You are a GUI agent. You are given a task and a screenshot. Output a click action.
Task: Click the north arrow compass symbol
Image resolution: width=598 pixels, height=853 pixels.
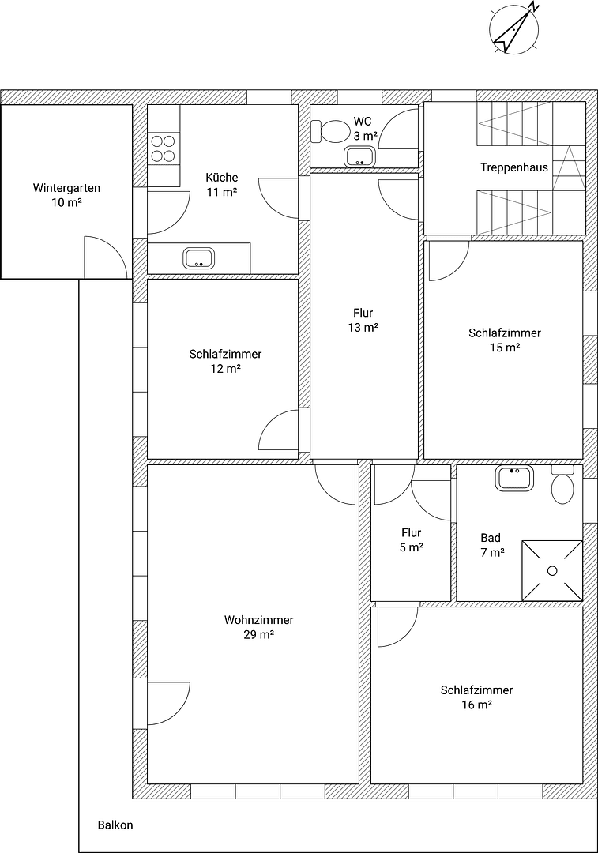(515, 29)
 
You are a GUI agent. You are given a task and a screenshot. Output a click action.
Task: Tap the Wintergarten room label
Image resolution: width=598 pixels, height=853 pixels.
(66, 195)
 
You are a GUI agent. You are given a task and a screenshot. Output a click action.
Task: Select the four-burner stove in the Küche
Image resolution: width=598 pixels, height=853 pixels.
(163, 148)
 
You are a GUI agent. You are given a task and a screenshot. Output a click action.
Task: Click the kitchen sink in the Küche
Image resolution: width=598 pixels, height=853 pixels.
(198, 257)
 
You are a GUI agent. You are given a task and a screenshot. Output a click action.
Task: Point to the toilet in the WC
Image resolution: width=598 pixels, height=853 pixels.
(332, 130)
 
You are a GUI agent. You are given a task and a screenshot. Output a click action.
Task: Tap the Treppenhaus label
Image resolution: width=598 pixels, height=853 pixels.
(514, 167)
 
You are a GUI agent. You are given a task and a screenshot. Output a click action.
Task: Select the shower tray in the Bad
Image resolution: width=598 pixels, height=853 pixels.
(551, 570)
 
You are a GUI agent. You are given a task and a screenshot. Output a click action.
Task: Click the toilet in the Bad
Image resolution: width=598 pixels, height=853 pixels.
(562, 487)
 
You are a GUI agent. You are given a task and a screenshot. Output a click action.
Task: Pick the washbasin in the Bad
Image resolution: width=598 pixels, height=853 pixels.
(514, 477)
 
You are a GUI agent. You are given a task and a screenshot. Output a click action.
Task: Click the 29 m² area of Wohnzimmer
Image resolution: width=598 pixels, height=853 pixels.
(259, 634)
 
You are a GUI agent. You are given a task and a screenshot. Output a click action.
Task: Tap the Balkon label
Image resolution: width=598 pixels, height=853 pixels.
(115, 825)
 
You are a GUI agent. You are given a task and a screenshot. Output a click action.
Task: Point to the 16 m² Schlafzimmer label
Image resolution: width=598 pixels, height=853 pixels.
(476, 697)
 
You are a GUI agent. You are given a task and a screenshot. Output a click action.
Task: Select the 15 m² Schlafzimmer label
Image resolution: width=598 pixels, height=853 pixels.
(505, 340)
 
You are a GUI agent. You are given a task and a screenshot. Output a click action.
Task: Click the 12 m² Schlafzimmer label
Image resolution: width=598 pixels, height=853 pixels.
(225, 361)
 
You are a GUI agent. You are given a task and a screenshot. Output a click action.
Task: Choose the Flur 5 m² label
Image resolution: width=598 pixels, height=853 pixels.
(411, 540)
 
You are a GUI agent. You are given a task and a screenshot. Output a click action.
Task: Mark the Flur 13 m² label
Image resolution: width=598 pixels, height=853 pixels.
(363, 320)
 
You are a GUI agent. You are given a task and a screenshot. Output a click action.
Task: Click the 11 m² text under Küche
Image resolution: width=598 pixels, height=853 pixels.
(222, 191)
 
